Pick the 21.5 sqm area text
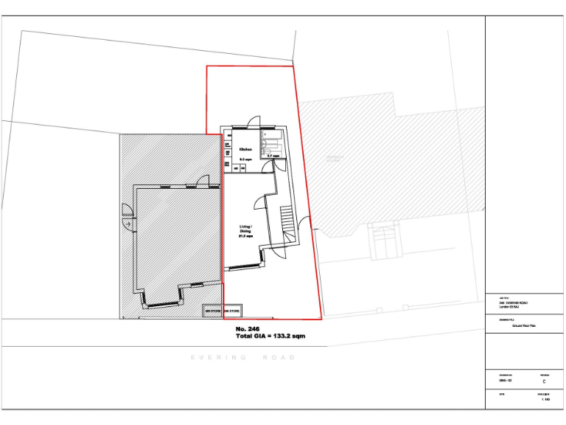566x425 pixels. tap(245, 238)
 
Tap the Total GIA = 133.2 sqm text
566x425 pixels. tap(270, 336)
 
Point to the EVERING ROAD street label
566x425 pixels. tap(243, 357)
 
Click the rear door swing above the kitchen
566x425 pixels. tap(254, 123)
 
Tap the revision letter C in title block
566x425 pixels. tap(544, 382)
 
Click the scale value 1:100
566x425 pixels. tap(545, 399)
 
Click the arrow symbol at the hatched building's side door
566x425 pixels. tap(128, 223)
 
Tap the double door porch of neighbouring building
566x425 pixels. tap(385, 241)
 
